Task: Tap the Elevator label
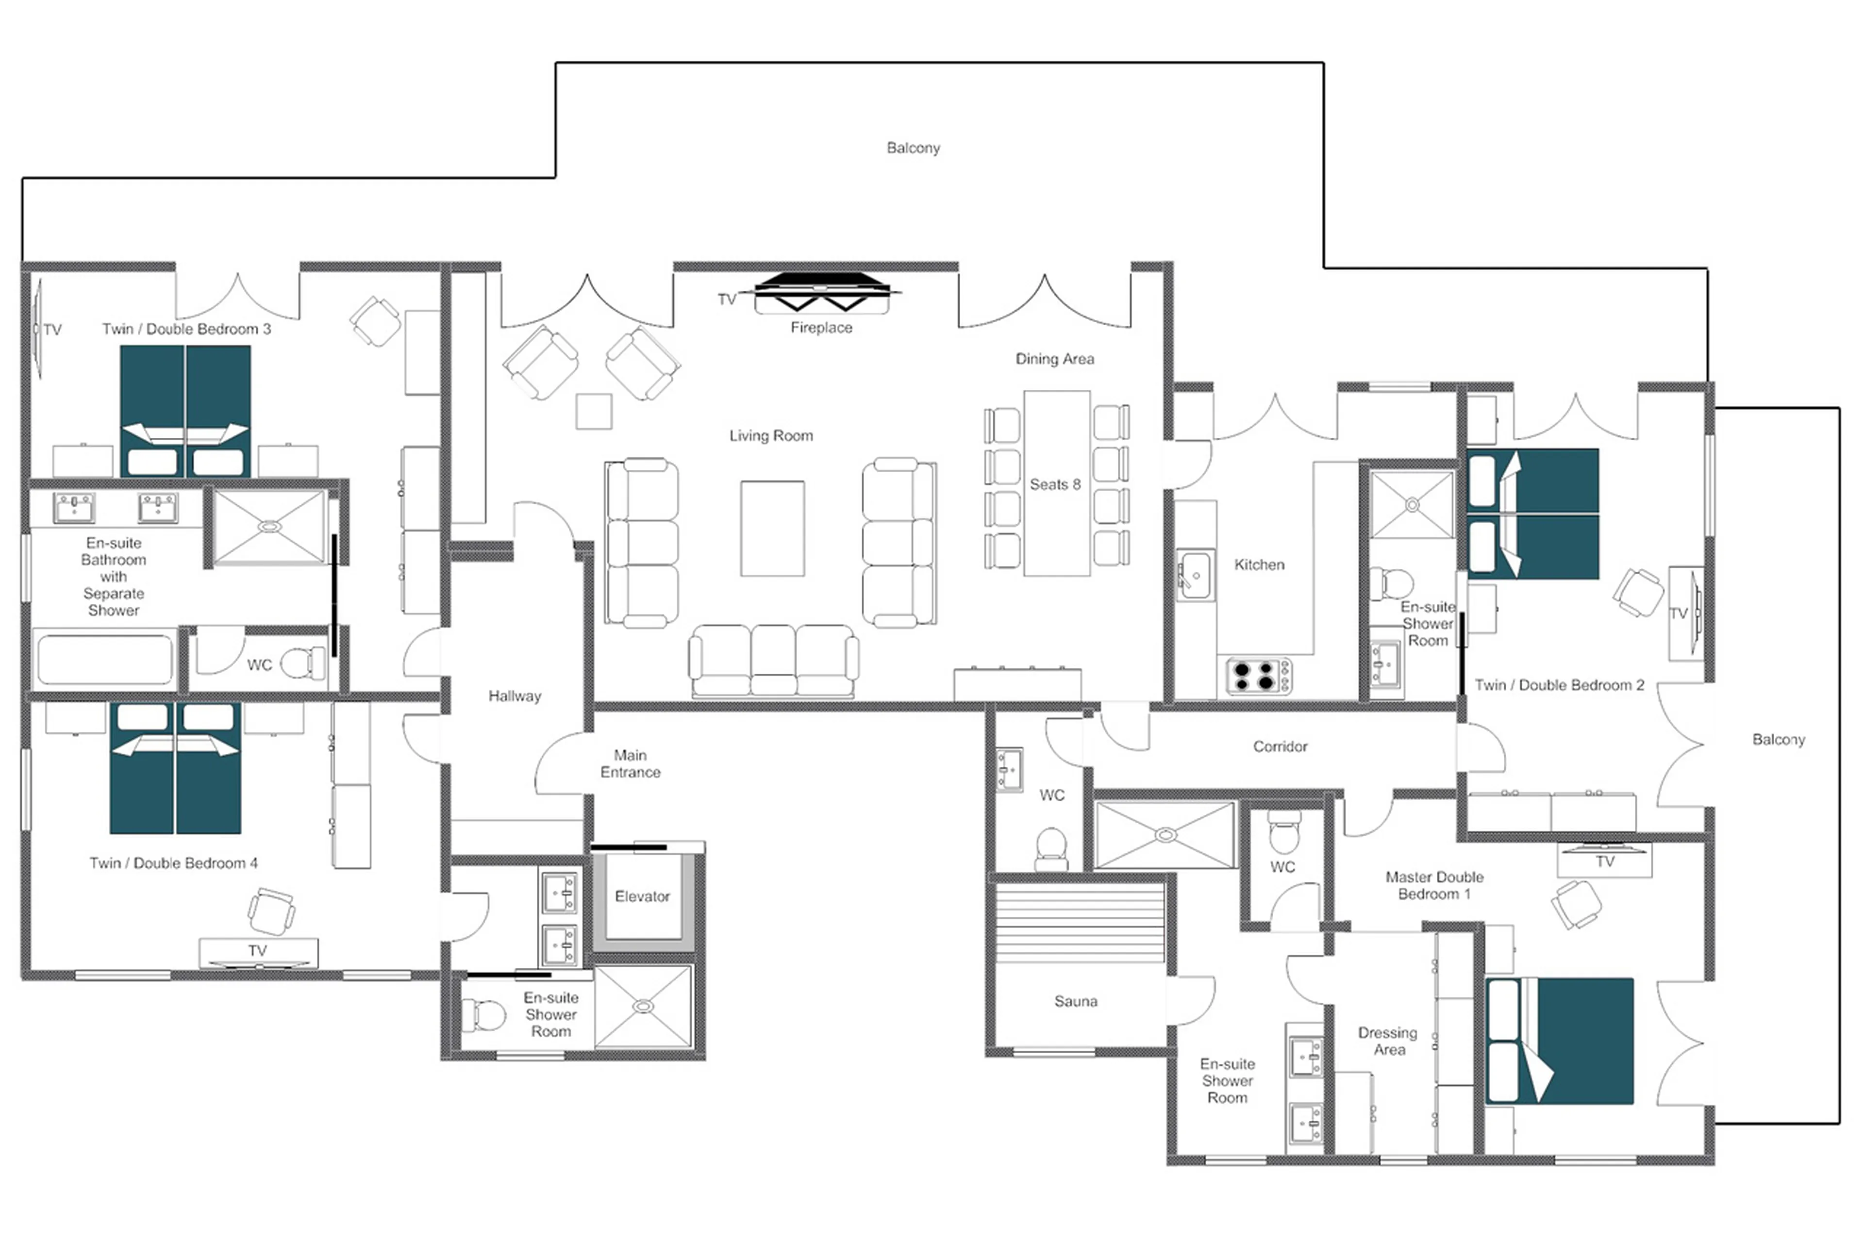point(642,896)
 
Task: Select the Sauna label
point(1075,1001)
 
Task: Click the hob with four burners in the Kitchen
point(1257,676)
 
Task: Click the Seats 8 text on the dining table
point(1054,484)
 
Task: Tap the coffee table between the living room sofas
point(772,529)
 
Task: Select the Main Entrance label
point(630,763)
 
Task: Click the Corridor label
point(1280,746)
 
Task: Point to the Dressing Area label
point(1387,1041)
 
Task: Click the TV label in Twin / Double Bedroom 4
point(257,950)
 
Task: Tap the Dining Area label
point(1054,359)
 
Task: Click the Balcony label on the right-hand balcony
point(1778,739)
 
